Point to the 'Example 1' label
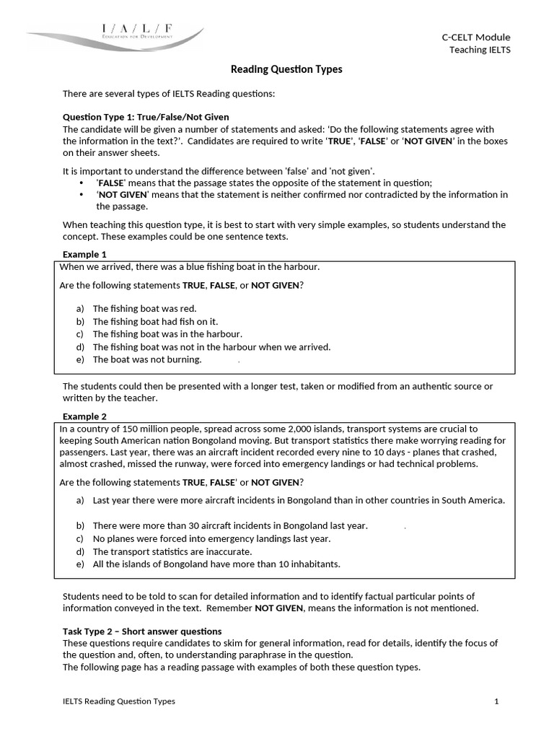point(84,254)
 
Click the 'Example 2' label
point(84,416)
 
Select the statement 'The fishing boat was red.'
point(144,308)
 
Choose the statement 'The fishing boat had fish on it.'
point(155,321)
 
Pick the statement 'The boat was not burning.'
point(147,359)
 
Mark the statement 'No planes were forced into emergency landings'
point(211,538)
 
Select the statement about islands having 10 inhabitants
point(216,564)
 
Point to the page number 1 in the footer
point(496,701)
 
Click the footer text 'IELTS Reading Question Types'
point(118,701)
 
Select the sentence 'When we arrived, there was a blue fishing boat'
point(189,267)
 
